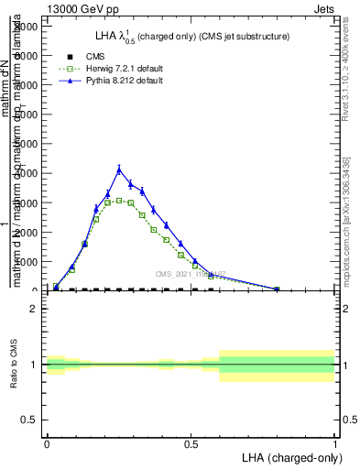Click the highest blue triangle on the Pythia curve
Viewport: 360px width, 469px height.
click(x=119, y=169)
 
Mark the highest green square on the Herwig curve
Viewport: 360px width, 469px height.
click(x=119, y=200)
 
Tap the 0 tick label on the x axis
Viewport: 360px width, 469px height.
click(x=47, y=444)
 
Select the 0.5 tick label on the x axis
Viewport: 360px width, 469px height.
click(x=191, y=444)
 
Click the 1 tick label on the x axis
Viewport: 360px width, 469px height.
click(x=334, y=444)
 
